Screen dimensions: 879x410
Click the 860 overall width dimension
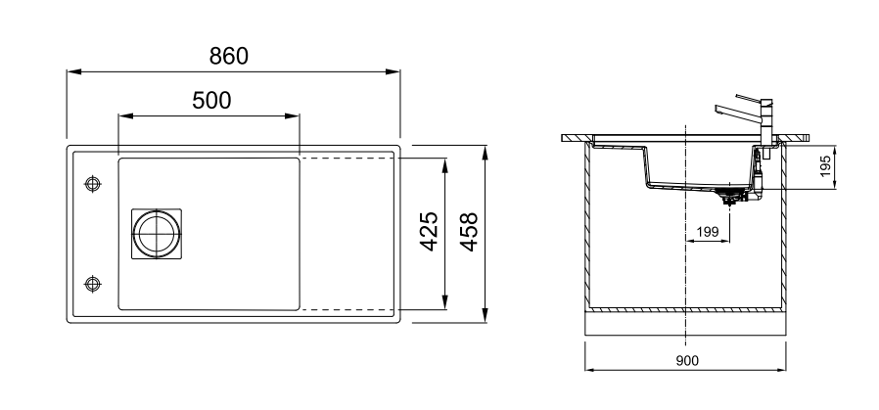pos(229,57)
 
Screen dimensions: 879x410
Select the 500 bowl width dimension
pos(211,101)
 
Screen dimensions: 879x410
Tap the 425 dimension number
pos(429,231)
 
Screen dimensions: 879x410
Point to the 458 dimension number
pos(469,232)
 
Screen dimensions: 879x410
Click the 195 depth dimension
pos(825,166)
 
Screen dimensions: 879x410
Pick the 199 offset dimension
pos(707,232)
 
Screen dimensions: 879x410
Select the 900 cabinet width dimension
pos(687,361)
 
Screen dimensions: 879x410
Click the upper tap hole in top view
pos(92,184)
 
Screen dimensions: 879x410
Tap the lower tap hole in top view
pos(92,284)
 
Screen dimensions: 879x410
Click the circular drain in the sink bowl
pos(157,234)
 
